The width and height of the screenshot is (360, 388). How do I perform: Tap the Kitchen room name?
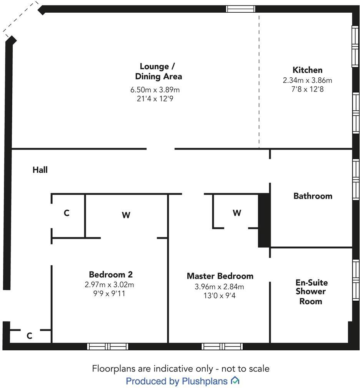tap(307, 70)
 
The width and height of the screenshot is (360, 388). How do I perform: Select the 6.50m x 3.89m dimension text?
tap(155, 90)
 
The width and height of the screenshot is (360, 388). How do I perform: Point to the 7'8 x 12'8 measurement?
tap(307, 89)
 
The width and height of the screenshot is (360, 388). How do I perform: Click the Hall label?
tap(40, 170)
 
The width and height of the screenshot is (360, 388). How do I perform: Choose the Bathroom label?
tap(312, 196)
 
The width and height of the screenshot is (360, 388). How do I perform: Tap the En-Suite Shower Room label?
tap(311, 292)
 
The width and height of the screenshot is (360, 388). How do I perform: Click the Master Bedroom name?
tap(220, 276)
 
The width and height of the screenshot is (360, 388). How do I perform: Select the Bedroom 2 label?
tap(110, 275)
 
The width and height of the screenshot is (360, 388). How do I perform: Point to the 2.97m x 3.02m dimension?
tap(109, 285)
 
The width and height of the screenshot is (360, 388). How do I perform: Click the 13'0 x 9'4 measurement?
tap(220, 296)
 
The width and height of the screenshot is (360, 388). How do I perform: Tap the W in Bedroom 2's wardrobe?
tap(126, 215)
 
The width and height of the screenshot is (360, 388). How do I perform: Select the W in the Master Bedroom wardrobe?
tap(237, 213)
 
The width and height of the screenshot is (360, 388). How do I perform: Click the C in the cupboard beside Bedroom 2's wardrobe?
tap(67, 213)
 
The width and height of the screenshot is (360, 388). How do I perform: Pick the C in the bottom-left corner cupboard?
tap(29, 336)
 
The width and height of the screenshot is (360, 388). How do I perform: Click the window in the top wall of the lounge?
tap(240, 9)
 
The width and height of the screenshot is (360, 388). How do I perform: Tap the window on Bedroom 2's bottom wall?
tap(108, 346)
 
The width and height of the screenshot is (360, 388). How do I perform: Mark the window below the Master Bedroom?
tap(222, 346)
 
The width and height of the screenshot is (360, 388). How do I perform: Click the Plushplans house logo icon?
tap(235, 381)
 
